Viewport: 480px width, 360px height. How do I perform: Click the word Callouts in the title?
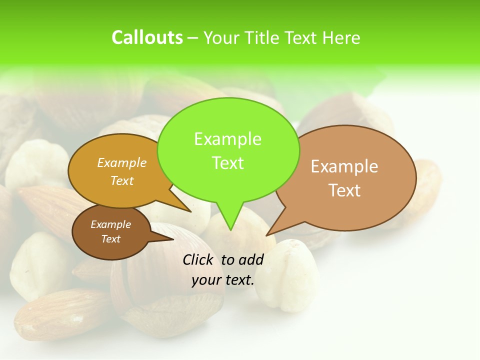point(147,37)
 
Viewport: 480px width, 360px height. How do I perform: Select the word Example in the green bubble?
point(227,139)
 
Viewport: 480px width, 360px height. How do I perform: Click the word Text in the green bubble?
point(227,163)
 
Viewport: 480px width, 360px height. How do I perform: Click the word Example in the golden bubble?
point(122,163)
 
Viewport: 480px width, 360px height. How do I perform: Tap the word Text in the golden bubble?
point(122,180)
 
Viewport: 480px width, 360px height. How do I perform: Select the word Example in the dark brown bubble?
point(110,224)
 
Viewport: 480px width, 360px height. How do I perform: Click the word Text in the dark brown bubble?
point(110,239)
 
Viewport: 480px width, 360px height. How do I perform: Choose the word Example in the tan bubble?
point(344,166)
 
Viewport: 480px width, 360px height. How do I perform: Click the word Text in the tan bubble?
point(344,190)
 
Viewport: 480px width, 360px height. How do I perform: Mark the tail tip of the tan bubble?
point(268,233)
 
